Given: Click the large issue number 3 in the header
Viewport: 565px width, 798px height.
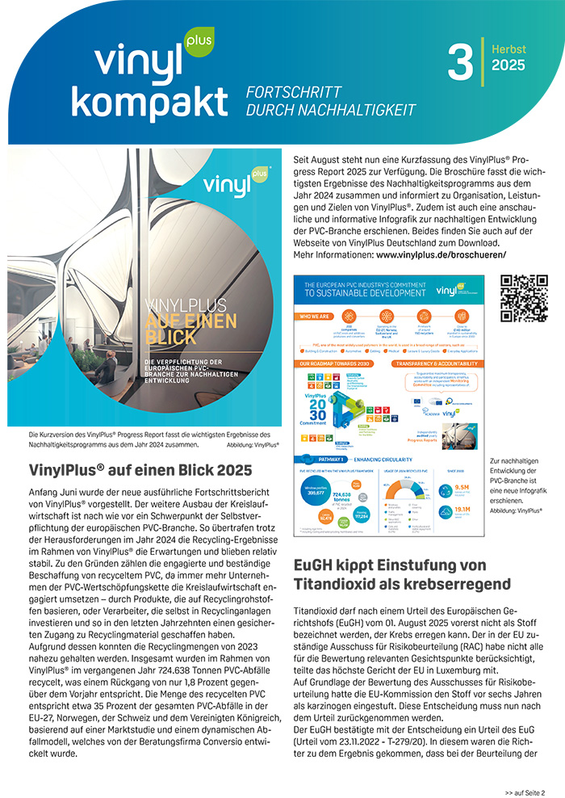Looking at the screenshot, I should (x=460, y=62).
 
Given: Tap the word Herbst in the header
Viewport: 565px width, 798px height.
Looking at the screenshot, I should (x=508, y=49).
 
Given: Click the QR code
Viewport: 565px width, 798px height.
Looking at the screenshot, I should (x=525, y=299).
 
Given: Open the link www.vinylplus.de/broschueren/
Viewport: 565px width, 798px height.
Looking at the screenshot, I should (x=442, y=255).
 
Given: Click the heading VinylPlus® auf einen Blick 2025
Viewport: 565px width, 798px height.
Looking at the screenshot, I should (x=140, y=469).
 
